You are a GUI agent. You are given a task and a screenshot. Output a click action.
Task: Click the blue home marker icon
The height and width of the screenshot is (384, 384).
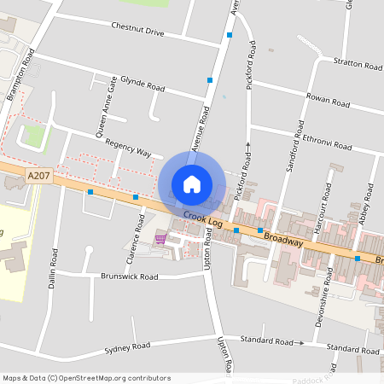[192, 183]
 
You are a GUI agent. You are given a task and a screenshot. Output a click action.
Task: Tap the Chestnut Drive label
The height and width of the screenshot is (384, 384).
[137, 29]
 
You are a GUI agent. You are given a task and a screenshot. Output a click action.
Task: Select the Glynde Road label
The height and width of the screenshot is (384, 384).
[143, 86]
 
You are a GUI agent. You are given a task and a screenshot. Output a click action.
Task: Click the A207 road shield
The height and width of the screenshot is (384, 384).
[37, 176]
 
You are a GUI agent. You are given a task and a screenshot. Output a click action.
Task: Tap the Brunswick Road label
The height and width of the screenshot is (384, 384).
[130, 276]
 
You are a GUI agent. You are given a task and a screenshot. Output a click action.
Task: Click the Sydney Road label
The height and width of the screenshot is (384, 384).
[127, 347]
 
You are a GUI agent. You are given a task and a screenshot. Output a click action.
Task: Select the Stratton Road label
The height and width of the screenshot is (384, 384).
[358, 65]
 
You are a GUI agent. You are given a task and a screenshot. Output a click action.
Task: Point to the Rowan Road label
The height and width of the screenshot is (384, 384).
[329, 102]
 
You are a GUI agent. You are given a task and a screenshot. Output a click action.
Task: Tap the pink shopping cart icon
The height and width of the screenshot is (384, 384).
[160, 239]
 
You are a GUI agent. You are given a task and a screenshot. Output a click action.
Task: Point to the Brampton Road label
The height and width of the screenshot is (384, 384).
[20, 75]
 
